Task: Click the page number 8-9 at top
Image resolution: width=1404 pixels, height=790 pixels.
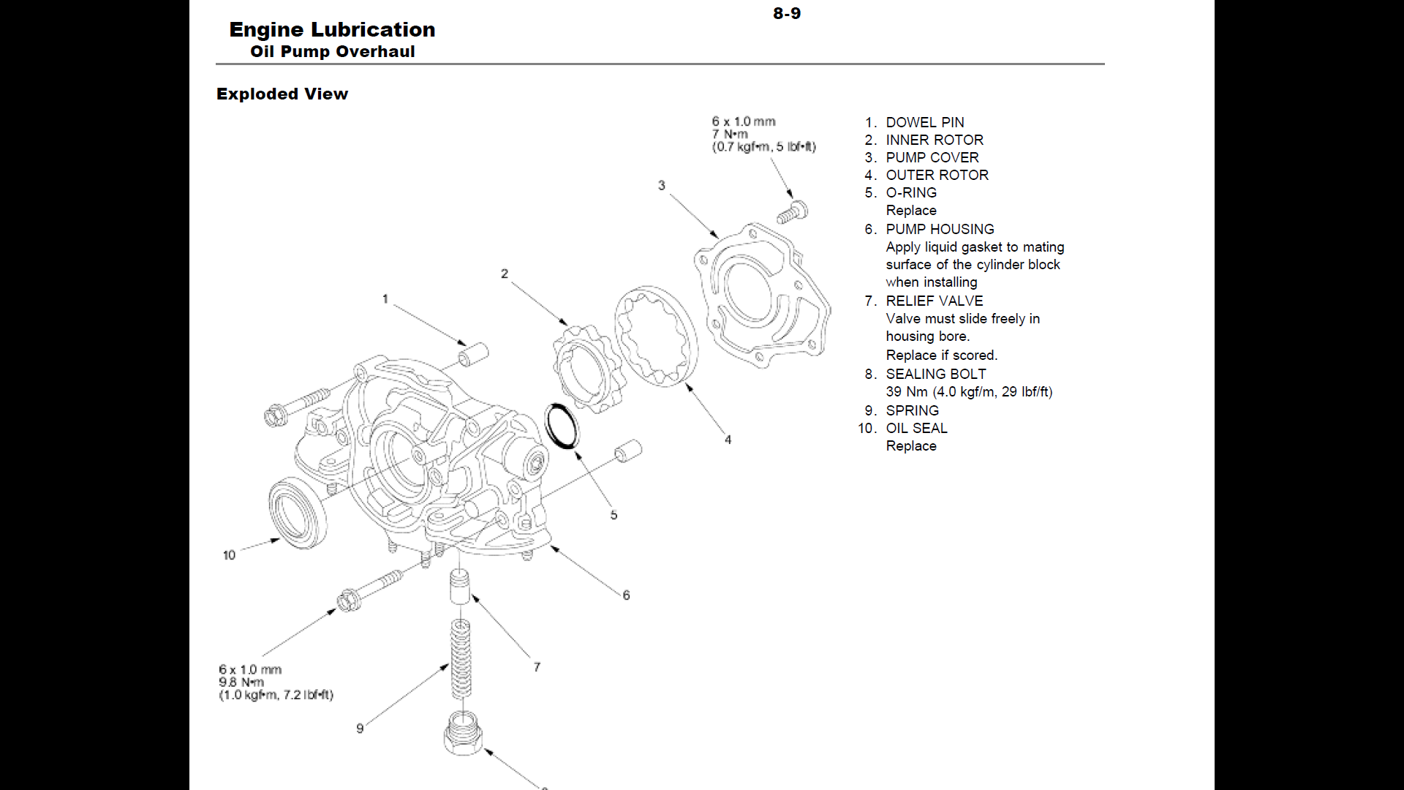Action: [x=787, y=13]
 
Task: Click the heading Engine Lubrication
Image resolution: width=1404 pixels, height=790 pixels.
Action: [x=332, y=29]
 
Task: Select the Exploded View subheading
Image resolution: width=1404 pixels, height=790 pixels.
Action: [x=282, y=94]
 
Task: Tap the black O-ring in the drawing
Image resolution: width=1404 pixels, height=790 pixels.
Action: [x=562, y=426]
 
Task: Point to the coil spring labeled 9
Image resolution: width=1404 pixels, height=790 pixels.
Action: [x=460, y=658]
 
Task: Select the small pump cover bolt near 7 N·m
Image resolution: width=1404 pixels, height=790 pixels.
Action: [x=791, y=212]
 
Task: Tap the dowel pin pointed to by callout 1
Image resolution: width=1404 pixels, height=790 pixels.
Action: [x=472, y=354]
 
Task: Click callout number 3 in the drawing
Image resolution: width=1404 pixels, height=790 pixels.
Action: [x=661, y=185]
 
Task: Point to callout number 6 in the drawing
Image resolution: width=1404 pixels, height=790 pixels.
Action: [x=626, y=595]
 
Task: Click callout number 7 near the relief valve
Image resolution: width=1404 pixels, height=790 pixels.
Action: [x=537, y=667]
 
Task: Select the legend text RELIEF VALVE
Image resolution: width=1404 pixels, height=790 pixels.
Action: [x=934, y=301]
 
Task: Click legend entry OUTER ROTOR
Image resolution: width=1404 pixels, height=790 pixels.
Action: [x=937, y=175]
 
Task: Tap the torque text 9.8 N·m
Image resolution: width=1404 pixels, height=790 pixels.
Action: [x=241, y=682]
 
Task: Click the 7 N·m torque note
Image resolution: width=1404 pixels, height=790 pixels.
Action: [x=730, y=134]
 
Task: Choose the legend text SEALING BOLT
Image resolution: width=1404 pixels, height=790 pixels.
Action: [x=935, y=374]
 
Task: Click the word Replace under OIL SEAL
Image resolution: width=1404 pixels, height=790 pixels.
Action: [x=910, y=445]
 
